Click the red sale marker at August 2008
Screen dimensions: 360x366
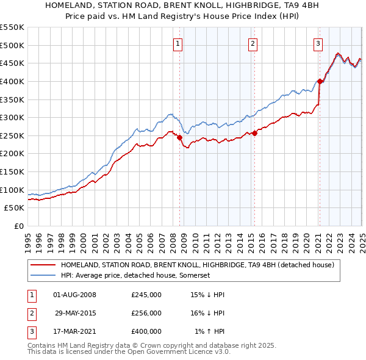[x=179, y=138]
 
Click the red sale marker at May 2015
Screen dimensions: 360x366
[x=254, y=134]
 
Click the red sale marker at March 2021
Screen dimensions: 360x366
[x=320, y=81]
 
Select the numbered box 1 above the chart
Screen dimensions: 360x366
[x=177, y=43]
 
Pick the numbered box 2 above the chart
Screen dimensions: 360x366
[x=252, y=43]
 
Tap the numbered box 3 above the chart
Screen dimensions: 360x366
[x=318, y=43]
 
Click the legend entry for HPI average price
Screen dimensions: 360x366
[x=135, y=276]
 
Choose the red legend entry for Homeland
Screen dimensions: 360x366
[x=197, y=265]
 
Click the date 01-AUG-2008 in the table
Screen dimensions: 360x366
[x=74, y=295]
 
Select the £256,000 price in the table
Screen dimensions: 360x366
[x=146, y=313]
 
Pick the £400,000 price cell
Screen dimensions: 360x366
[x=146, y=331]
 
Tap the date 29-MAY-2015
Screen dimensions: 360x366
[x=75, y=313]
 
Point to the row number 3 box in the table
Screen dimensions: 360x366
[x=30, y=331]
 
